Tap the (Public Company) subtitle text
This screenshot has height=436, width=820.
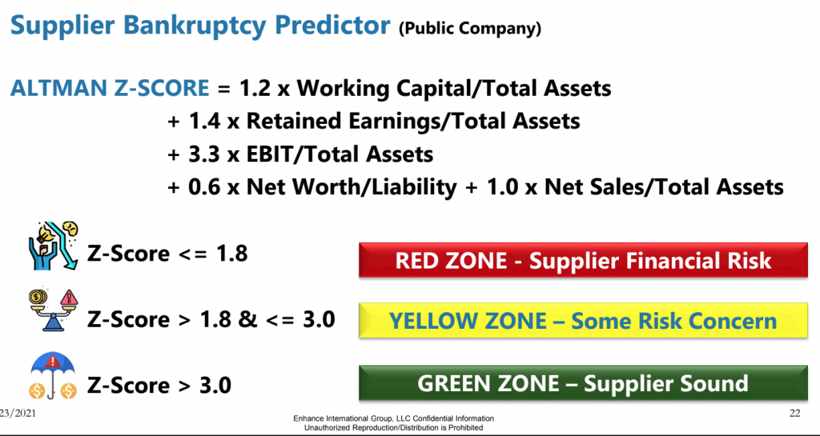[470, 28]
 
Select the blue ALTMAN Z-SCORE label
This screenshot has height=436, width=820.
[110, 88]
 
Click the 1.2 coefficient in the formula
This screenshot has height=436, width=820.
[255, 88]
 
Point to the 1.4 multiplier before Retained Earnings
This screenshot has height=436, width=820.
[204, 121]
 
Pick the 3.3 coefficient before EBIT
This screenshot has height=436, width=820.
[204, 154]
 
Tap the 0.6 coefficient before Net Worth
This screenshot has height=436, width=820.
[204, 187]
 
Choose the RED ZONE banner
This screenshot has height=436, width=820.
[583, 260]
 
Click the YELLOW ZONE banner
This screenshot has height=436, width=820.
[583, 320]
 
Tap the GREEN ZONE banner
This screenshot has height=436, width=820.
[583, 383]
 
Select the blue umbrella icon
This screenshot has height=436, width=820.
[52, 376]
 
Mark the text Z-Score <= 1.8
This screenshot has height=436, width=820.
[167, 254]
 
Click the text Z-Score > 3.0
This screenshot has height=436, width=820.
[159, 386]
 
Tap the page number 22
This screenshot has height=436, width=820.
[794, 414]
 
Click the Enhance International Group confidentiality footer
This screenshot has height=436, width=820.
[393, 423]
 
